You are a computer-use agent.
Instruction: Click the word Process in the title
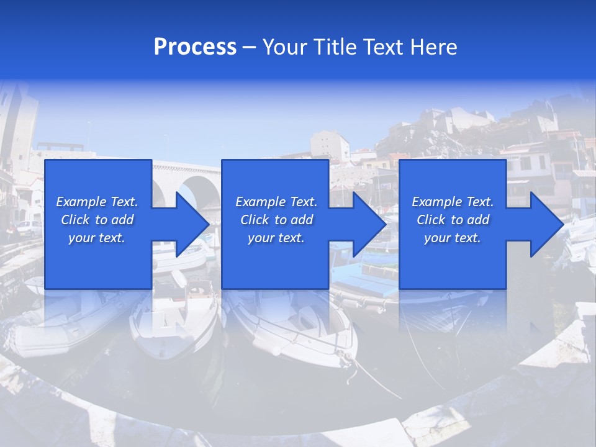[195, 47]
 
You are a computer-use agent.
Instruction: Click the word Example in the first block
[81, 202]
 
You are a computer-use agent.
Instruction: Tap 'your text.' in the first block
[97, 238]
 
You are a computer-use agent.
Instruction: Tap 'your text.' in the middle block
[276, 238]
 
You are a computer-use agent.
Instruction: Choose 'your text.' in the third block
[453, 238]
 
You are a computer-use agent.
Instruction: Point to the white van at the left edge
[29, 228]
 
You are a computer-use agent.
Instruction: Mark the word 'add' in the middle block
[302, 220]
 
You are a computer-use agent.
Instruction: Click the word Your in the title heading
[284, 47]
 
